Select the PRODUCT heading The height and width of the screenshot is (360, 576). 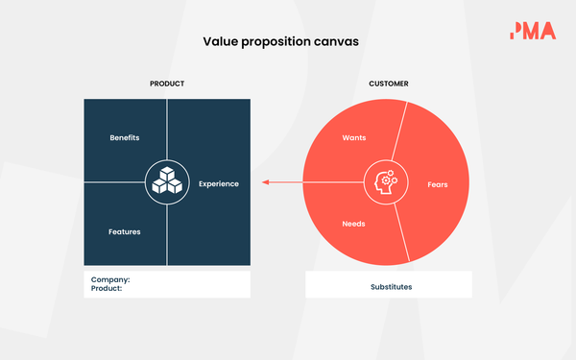click(167, 84)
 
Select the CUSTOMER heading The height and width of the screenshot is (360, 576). click(389, 84)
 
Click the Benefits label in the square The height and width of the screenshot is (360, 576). click(125, 137)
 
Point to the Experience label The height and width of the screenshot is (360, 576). click(219, 183)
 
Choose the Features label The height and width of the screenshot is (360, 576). click(125, 231)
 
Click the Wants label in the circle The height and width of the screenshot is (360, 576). click(354, 137)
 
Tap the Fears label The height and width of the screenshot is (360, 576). click(437, 183)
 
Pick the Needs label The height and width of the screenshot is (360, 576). click(354, 224)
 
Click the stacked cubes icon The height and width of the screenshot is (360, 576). click(167, 182)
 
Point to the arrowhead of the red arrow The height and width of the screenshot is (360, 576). click(266, 182)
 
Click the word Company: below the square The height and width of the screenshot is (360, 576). click(110, 279)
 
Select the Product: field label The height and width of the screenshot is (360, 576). click(107, 288)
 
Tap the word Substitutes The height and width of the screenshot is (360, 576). click(389, 286)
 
